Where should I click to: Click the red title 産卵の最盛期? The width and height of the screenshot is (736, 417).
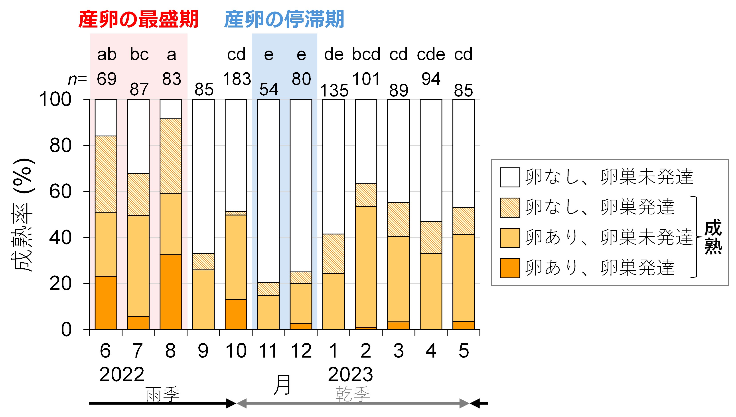click(x=138, y=19)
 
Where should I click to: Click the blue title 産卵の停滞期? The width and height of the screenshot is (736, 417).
click(x=284, y=19)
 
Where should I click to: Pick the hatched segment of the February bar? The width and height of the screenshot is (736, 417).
click(x=366, y=195)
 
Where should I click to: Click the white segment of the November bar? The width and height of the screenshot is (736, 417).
click(x=268, y=191)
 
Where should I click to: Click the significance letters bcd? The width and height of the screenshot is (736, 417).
click(x=366, y=54)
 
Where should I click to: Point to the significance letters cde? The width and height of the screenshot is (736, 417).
click(x=431, y=54)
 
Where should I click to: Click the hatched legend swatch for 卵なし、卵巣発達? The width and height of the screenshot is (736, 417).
click(x=510, y=207)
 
